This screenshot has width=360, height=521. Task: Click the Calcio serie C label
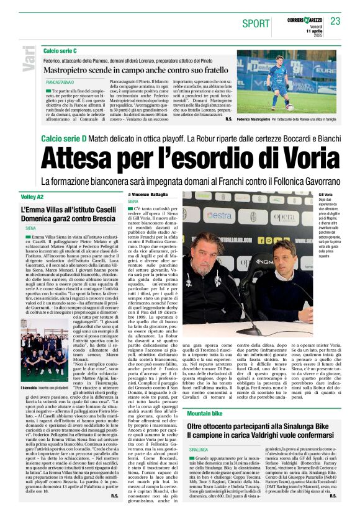pyautogui.click(x=60, y=50)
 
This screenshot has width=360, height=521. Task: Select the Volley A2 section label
pyautogui.click(x=33, y=197)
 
